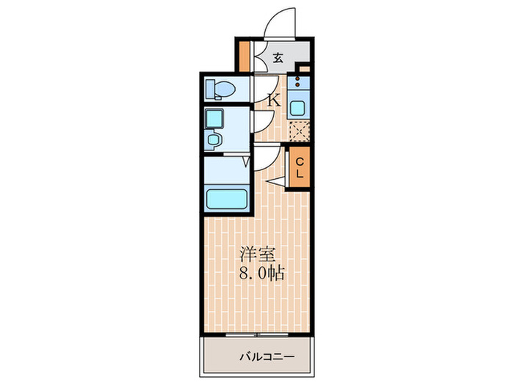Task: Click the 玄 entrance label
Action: (x=279, y=58)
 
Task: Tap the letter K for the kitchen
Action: (x=273, y=100)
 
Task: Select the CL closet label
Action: (x=300, y=169)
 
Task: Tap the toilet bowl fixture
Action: (x=221, y=89)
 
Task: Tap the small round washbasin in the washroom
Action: (x=214, y=139)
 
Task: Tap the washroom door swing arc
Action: (x=261, y=124)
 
